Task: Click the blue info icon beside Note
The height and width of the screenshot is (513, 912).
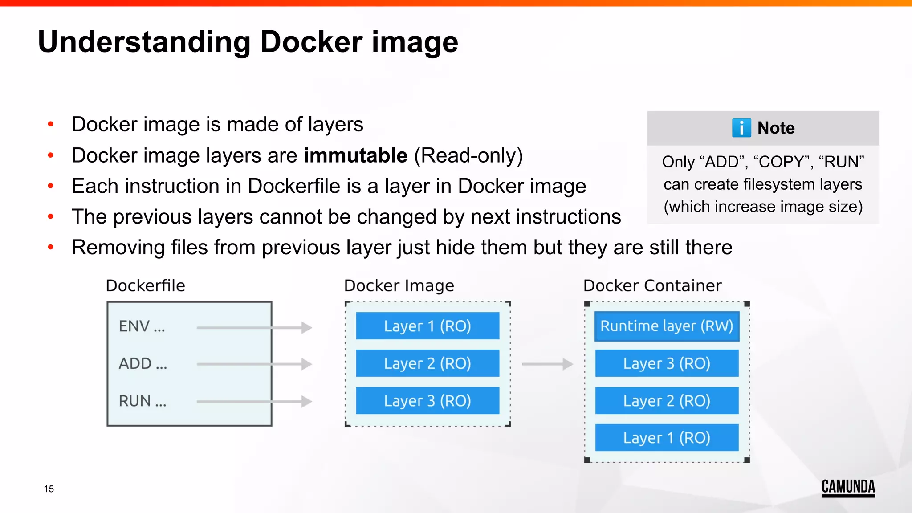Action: (741, 128)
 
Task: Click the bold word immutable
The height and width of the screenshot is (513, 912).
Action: (355, 155)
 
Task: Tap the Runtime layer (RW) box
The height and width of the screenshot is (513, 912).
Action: (667, 326)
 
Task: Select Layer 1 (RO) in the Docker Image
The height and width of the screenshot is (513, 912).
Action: (427, 326)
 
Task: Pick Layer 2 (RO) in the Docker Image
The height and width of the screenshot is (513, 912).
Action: (427, 363)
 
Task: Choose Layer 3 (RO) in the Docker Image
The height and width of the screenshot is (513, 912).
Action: (427, 401)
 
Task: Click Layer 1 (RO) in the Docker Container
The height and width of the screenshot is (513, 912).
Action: (667, 438)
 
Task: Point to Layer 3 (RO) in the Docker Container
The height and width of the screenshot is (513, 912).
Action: (667, 363)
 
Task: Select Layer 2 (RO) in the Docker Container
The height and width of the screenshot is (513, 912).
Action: (667, 401)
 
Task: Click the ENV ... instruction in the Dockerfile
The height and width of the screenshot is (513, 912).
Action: (142, 326)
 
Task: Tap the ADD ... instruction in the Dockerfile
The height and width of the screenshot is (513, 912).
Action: (142, 364)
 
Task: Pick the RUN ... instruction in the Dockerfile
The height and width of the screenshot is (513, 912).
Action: (142, 401)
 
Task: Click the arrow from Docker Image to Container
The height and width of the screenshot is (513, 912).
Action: (547, 364)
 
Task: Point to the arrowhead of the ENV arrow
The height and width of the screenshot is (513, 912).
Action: (307, 328)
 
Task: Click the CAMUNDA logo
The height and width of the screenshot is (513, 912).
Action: (848, 487)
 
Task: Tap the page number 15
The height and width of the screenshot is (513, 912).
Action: (49, 489)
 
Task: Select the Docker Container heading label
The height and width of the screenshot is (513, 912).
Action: (652, 285)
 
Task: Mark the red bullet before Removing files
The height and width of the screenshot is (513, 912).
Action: (51, 247)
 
